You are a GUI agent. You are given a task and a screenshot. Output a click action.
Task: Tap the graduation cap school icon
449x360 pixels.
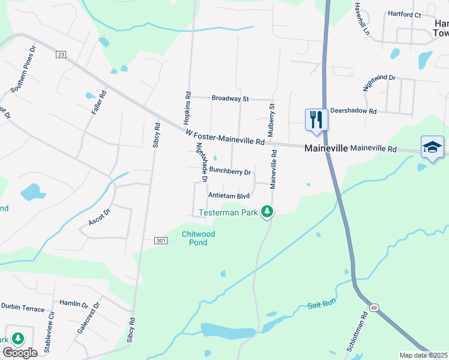point(432,147)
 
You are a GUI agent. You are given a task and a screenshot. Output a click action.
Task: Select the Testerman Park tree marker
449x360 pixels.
point(267,212)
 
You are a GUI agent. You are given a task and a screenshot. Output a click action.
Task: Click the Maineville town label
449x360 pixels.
point(326,148)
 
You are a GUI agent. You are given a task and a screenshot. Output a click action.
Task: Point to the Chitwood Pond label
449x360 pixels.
point(198,238)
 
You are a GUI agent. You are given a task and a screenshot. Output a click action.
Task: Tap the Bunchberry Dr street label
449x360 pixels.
point(230,173)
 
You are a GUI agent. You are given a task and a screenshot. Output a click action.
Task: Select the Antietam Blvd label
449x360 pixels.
point(228,196)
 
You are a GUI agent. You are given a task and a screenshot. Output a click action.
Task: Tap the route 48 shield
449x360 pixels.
point(374,308)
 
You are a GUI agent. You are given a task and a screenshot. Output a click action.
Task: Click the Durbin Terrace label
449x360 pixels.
point(23,308)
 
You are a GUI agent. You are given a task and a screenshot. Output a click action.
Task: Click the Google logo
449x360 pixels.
point(20,353)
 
